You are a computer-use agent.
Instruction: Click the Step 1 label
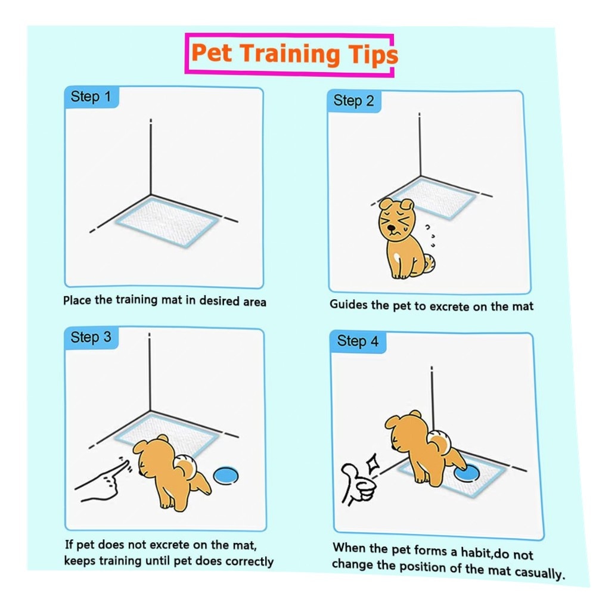pyautogui.click(x=91, y=97)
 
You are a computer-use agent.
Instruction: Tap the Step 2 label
pyautogui.click(x=353, y=101)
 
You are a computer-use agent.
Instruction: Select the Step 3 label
pyautogui.click(x=91, y=337)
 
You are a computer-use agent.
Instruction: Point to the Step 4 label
pyautogui.click(x=358, y=341)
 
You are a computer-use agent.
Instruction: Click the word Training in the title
pyautogui.click(x=290, y=54)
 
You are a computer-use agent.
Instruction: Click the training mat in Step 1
pyautogui.click(x=167, y=222)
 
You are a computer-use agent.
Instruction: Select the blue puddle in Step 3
pyautogui.click(x=226, y=476)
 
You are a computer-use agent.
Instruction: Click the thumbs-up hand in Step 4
pyautogui.click(x=357, y=485)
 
